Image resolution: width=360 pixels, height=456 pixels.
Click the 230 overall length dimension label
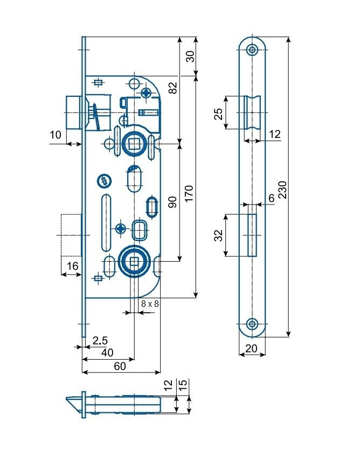coord(282,190)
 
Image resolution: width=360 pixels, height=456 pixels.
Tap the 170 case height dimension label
coord(189,193)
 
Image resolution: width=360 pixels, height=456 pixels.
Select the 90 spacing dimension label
coord(172,202)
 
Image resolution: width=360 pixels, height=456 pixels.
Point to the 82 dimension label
coord(172,88)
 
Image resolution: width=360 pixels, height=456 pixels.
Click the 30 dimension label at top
coord(190,57)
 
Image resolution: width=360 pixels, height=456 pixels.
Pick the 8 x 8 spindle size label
coord(150,304)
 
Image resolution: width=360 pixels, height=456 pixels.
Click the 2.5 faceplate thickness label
coord(100,340)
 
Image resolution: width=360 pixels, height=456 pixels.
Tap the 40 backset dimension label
coord(107,353)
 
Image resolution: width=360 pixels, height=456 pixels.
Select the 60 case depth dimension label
coord(120,366)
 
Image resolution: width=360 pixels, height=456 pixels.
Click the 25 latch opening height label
coord(218,114)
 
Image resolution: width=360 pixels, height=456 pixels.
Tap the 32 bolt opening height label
coord(218,235)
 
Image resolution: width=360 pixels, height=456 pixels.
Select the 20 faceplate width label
coord(252,348)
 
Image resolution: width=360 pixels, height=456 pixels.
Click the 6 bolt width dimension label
coord(272,198)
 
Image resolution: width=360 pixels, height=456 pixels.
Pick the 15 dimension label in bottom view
coord(183,385)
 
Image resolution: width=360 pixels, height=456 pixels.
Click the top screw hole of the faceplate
coord(252,50)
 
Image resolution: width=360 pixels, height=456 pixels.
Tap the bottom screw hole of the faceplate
coord(252,324)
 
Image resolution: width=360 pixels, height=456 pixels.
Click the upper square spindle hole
coord(134,143)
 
